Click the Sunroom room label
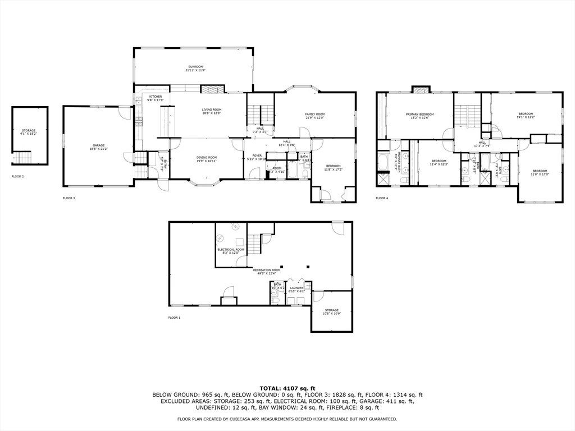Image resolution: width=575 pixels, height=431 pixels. (x=195, y=67)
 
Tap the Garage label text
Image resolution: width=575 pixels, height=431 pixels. (x=98, y=145)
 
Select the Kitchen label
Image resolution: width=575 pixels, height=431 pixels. (x=156, y=97)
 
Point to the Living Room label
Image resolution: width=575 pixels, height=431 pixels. (x=212, y=109)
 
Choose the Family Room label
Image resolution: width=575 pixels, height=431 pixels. (x=315, y=114)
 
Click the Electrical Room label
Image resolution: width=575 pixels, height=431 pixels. (x=231, y=249)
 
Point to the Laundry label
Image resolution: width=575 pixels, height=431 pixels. (x=296, y=288)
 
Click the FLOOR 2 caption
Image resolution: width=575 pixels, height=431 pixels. (x=19, y=176)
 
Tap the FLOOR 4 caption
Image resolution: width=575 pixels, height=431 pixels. (x=382, y=198)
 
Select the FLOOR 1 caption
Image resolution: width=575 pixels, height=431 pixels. (x=175, y=318)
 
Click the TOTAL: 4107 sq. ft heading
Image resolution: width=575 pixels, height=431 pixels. (x=287, y=388)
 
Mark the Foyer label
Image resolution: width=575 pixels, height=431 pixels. (x=257, y=155)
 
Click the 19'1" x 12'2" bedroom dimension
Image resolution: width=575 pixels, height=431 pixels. (x=526, y=118)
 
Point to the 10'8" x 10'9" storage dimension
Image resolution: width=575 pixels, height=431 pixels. (x=332, y=314)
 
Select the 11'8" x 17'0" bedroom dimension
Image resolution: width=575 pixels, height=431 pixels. (x=540, y=174)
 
